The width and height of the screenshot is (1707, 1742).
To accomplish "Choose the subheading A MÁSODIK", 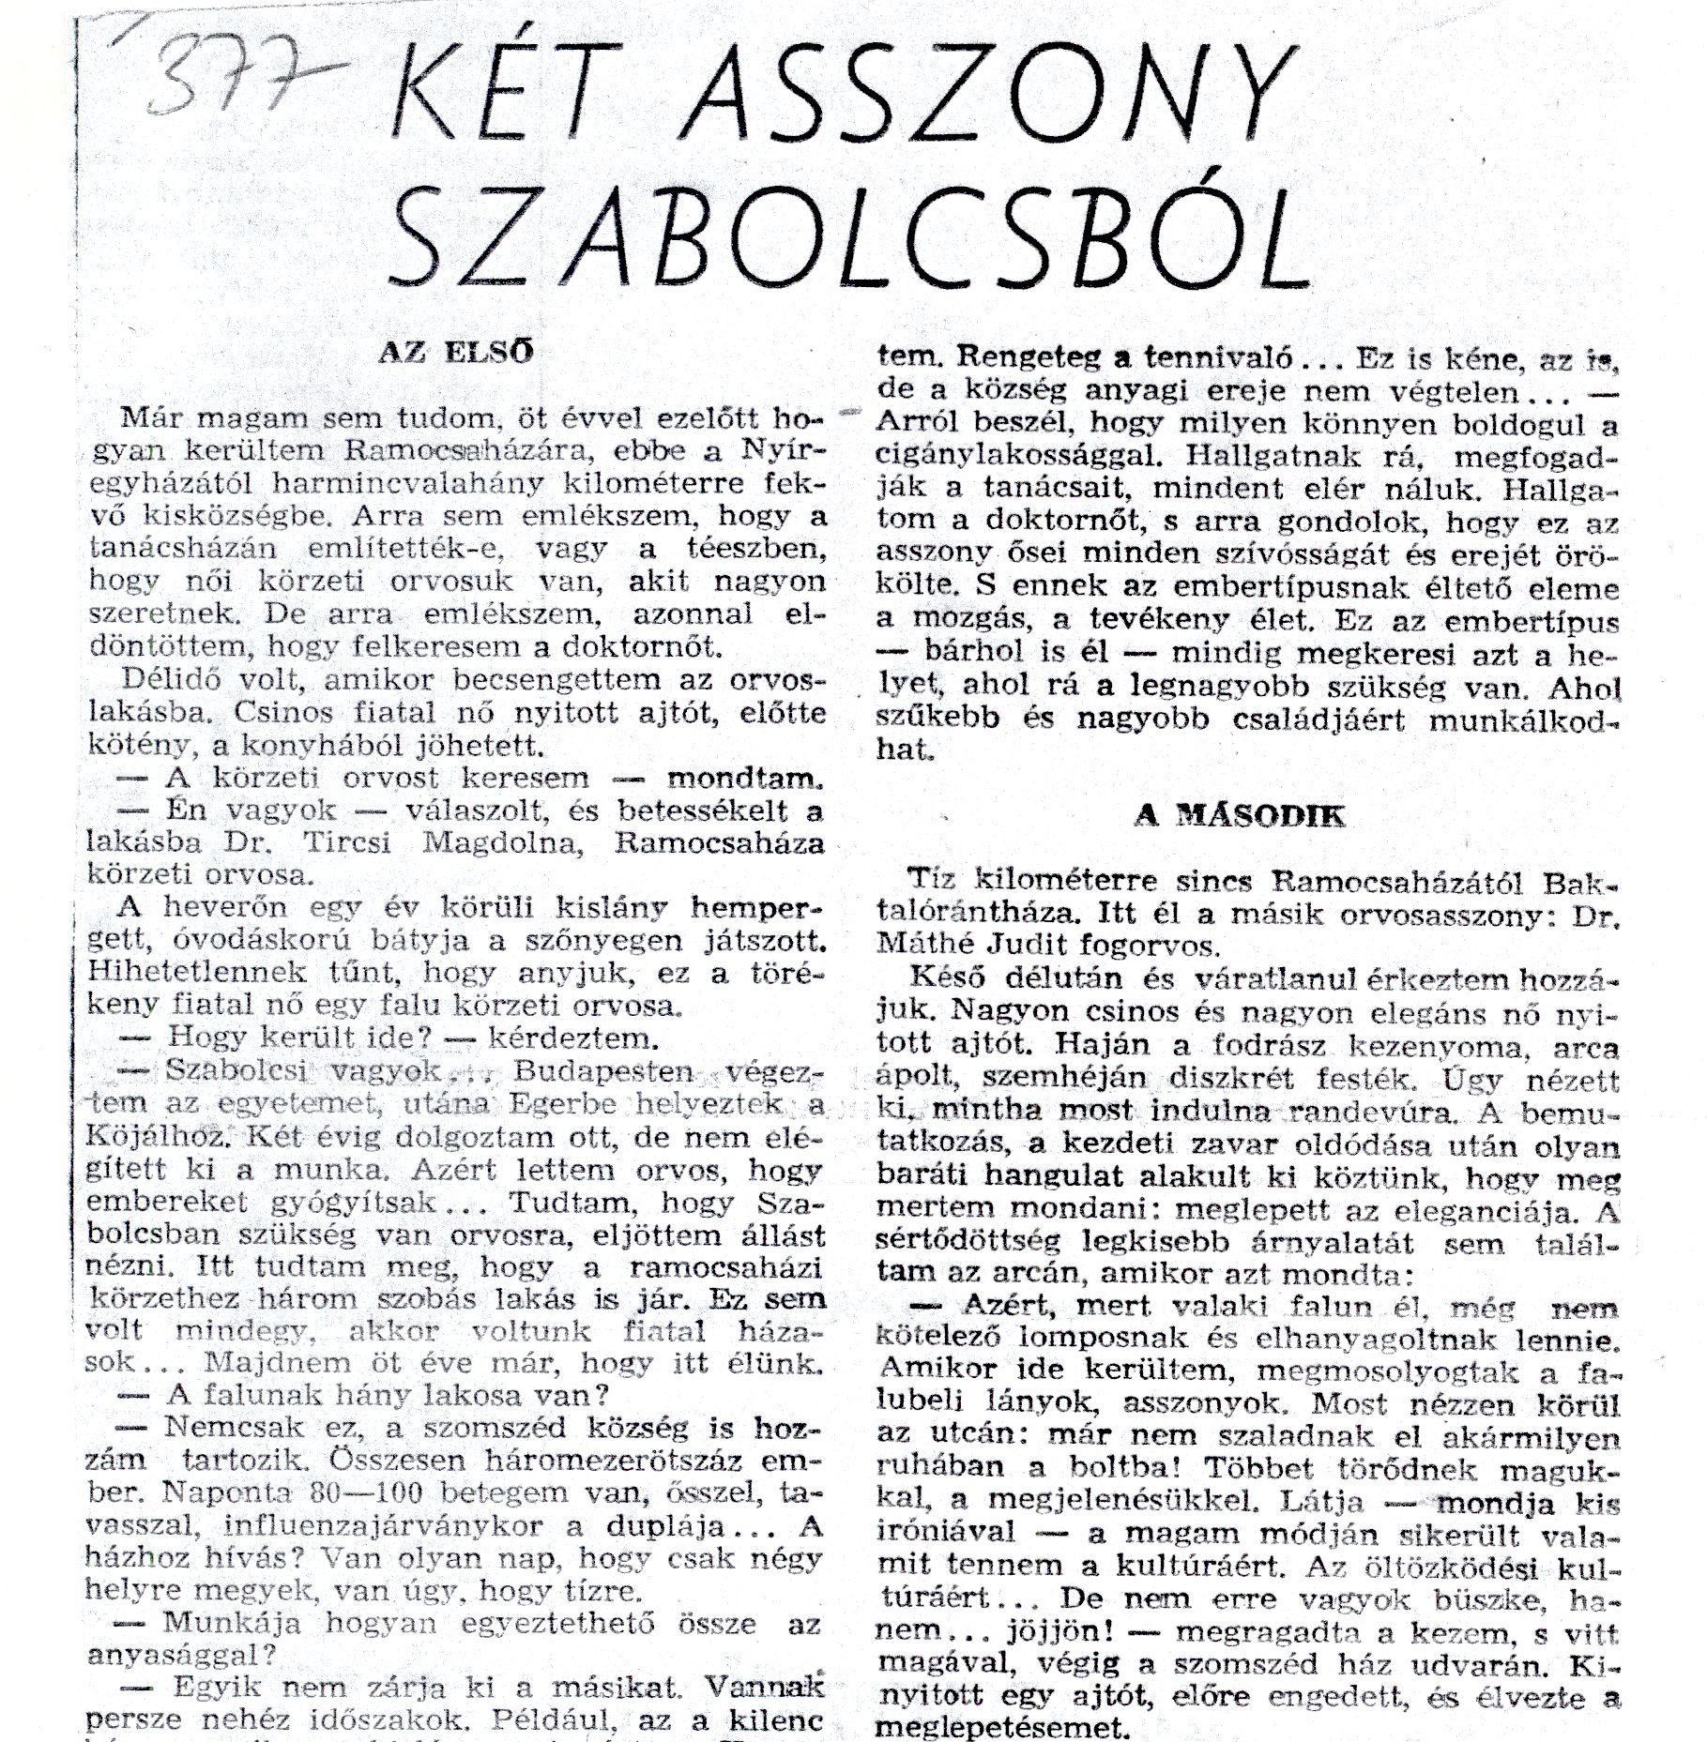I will pos(1239,815).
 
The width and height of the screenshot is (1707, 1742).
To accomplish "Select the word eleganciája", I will pos(1491,1212).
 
